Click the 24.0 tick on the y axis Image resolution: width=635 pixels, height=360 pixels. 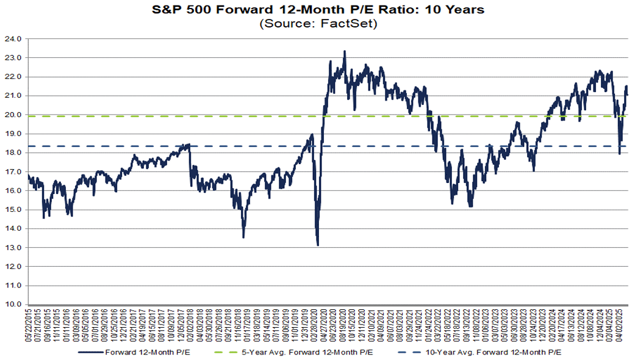[15, 38]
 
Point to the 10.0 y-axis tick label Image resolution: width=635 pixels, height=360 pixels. [15, 304]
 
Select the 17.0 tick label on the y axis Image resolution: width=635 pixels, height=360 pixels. [15, 171]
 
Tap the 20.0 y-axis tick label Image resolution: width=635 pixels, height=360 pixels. [15, 115]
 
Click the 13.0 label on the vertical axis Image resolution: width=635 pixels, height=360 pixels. [15, 248]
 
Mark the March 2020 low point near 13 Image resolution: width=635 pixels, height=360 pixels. [318, 245]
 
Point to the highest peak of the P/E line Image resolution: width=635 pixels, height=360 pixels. [345, 52]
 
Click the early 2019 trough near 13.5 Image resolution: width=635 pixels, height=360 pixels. [243, 237]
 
